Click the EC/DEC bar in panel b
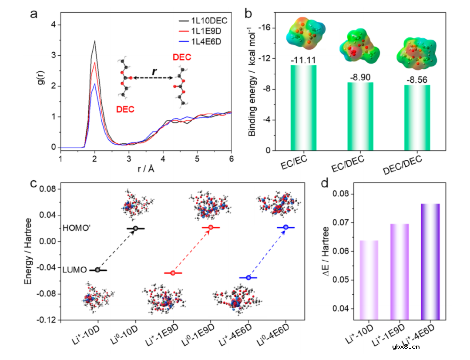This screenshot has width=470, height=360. [360, 116]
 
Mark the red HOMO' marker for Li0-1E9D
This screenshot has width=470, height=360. [211, 227]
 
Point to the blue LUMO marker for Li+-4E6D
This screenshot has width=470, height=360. [248, 278]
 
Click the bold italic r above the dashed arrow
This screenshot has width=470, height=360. [154, 71]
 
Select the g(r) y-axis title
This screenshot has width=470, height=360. [41, 86]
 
